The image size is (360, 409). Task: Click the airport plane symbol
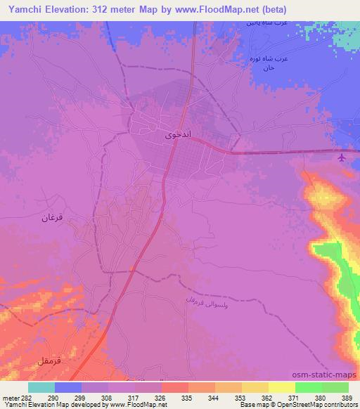342,157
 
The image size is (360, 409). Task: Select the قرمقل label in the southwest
51,361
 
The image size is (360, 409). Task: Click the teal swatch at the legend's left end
41,387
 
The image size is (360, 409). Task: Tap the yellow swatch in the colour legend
282,387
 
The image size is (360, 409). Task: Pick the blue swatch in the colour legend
68,387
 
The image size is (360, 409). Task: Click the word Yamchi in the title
24,9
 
